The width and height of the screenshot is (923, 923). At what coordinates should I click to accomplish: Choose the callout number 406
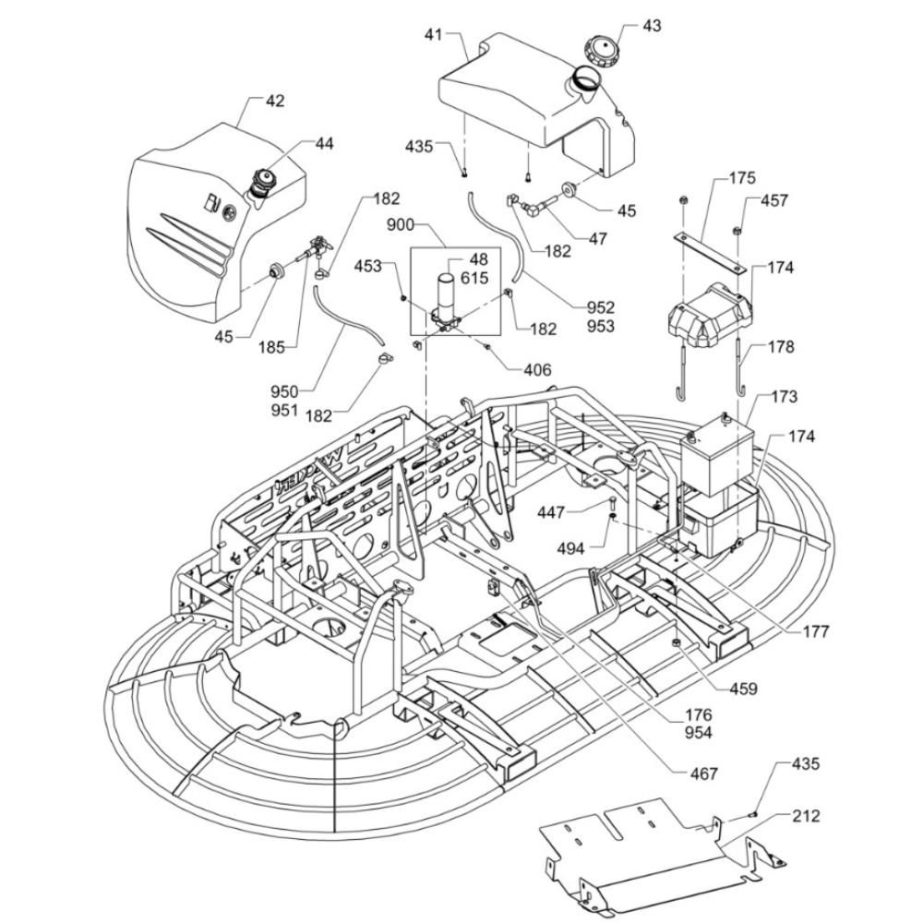[537, 370]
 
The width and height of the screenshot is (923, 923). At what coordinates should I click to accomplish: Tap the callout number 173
[784, 397]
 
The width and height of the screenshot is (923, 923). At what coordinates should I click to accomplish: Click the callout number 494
[571, 548]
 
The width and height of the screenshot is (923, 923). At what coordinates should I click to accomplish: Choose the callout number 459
[743, 688]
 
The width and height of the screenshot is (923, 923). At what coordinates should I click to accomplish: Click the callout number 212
[806, 816]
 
